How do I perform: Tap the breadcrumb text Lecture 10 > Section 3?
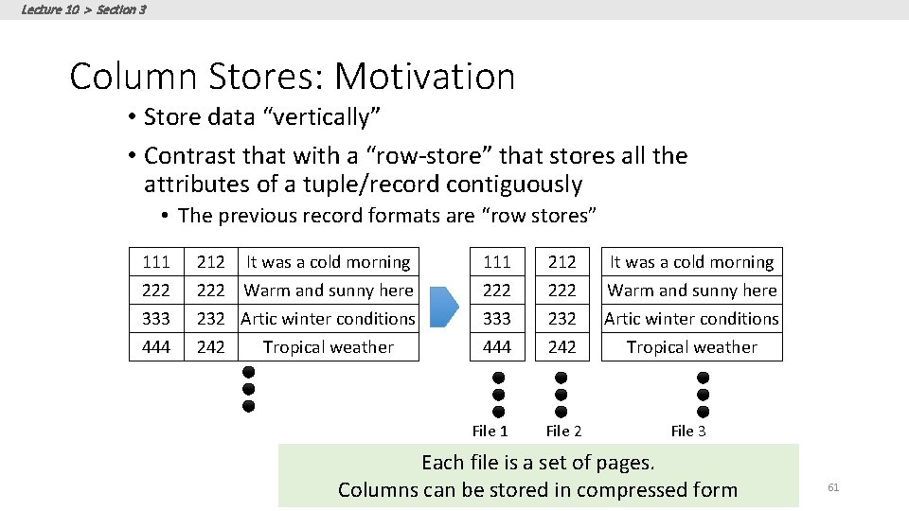(83, 9)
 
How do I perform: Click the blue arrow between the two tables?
(444, 305)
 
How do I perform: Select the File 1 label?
(490, 432)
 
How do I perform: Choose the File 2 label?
(562, 432)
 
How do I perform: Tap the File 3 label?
(688, 432)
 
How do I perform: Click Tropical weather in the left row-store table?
(328, 347)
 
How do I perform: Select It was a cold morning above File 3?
(691, 262)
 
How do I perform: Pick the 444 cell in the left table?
(155, 347)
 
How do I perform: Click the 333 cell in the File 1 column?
(496, 319)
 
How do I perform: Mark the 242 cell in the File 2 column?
(561, 347)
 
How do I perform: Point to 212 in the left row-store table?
(210, 262)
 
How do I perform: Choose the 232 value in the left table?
(210, 319)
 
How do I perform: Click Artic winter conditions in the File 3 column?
(691, 319)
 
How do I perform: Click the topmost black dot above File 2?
(561, 377)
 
